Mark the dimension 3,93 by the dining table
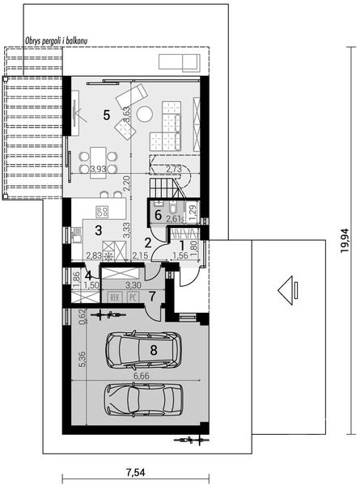pos(98,170)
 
